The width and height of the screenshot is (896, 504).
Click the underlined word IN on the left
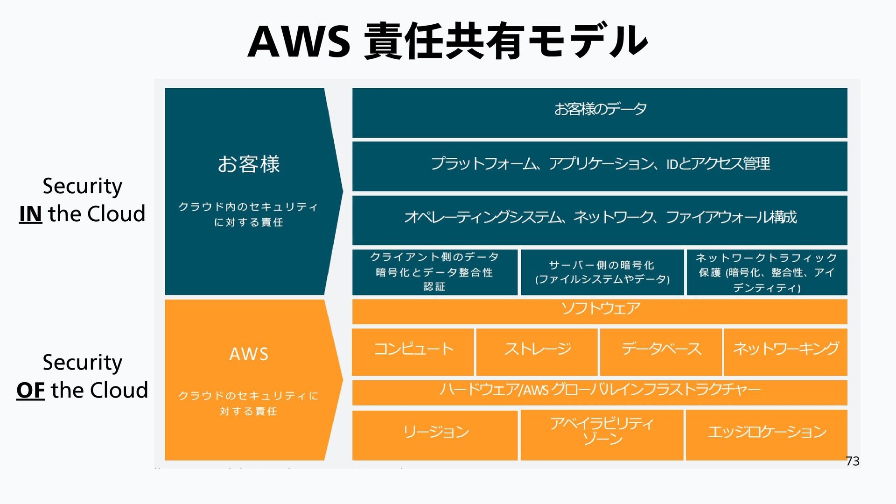[30, 214]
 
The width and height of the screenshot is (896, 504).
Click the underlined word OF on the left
[30, 390]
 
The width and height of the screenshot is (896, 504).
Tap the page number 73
[853, 461]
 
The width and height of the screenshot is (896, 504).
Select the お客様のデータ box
[600, 112]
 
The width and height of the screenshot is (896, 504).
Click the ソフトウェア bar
[600, 311]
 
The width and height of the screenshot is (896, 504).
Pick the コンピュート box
[413, 352]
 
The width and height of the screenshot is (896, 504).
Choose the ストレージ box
[537, 352]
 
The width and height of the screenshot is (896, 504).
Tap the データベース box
[661, 352]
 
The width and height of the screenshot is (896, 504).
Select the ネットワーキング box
[785, 352]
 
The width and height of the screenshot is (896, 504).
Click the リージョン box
[435, 435]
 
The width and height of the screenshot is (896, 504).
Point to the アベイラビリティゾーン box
[602, 435]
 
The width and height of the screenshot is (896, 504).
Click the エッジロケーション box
[767, 435]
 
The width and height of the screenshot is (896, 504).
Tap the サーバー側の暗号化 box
[602, 272]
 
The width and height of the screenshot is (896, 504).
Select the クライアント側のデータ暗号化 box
[434, 272]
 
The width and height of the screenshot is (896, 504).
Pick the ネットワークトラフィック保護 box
[767, 272]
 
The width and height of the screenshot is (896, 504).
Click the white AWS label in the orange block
[249, 354]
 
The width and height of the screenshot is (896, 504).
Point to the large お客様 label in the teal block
[249, 164]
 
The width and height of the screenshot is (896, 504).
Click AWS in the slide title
[299, 42]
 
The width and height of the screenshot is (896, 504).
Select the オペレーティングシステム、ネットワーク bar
[600, 220]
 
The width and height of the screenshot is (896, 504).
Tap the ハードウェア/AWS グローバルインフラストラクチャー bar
[600, 392]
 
